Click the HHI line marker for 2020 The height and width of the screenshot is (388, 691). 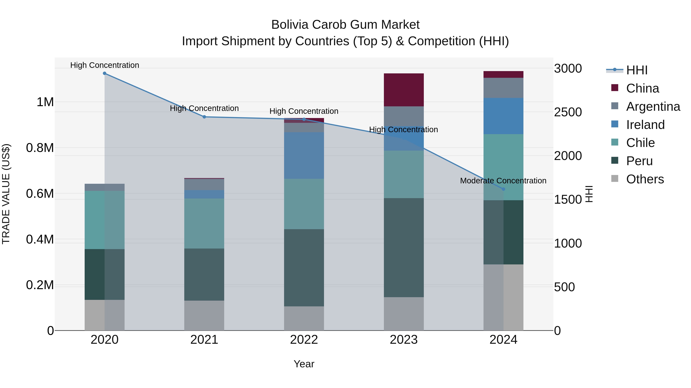[105, 73]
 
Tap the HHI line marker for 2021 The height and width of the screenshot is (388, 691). [204, 117]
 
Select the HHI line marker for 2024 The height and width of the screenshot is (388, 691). [503, 189]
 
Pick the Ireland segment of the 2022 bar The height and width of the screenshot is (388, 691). [304, 155]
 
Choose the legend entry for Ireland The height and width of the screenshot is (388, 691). [645, 125]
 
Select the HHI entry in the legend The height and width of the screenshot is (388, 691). [636, 70]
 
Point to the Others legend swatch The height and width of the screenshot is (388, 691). [615, 179]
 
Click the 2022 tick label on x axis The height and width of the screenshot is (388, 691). [304, 340]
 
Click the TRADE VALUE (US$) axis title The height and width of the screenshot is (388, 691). [6, 194]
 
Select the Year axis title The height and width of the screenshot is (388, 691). [304, 364]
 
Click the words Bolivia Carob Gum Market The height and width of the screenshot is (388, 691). [345, 25]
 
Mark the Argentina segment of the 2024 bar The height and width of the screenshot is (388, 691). [503, 88]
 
